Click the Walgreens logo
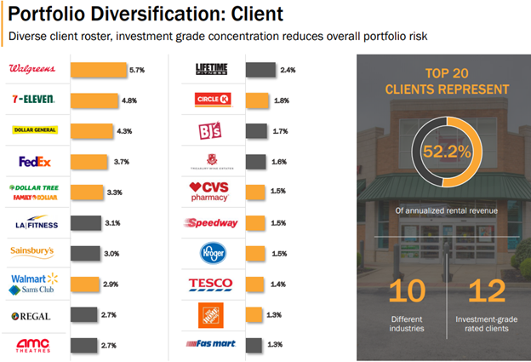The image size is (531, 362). (32, 68)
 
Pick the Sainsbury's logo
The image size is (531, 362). (33, 251)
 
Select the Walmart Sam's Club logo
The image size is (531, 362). (33, 284)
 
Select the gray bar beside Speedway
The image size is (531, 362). (257, 222)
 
